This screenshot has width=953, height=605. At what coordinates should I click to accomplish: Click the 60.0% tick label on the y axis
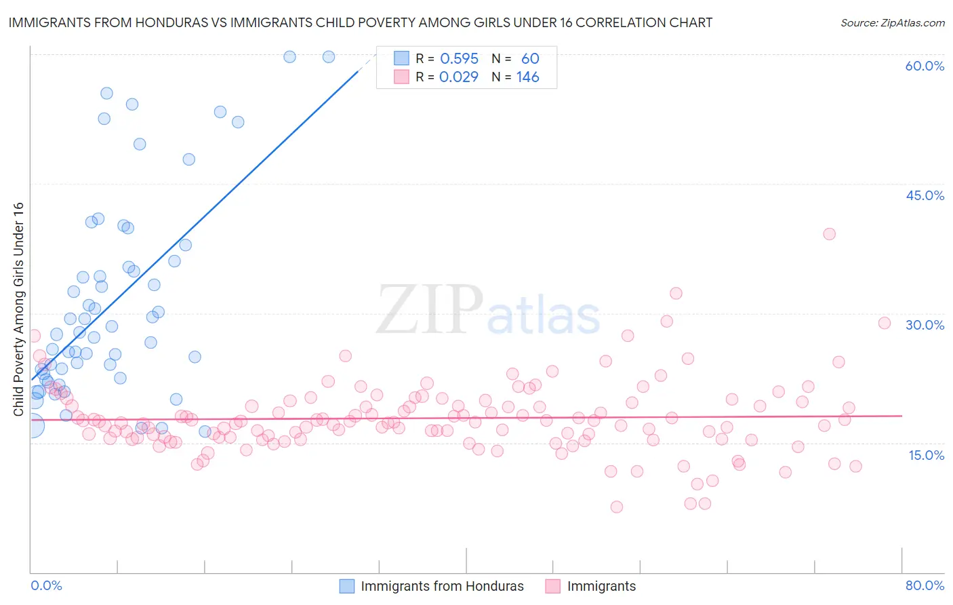click(925, 66)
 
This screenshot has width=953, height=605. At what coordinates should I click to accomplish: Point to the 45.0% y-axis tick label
click(925, 195)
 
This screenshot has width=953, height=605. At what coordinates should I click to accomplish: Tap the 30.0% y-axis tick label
click(925, 325)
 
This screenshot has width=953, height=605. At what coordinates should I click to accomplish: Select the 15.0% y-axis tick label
click(926, 454)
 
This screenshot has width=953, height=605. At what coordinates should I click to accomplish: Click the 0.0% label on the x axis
click(46, 585)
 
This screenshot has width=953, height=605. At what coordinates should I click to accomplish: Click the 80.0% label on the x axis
click(925, 585)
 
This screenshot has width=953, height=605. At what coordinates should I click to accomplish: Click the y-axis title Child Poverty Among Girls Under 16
click(18, 309)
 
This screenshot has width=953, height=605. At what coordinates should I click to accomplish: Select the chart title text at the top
click(360, 22)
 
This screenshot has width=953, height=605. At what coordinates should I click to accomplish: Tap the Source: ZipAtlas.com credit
click(892, 22)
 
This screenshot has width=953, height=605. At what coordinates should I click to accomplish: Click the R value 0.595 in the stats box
click(459, 59)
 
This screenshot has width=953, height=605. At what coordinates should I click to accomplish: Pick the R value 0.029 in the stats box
click(459, 77)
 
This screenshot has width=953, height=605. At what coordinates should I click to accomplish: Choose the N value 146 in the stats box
click(527, 77)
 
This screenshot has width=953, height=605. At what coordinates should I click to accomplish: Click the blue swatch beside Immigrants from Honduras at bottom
click(347, 586)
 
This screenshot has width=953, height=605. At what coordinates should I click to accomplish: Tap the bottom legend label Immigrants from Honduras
click(442, 586)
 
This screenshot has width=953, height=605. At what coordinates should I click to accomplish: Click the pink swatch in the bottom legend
click(553, 586)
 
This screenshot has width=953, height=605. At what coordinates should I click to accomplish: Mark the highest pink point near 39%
click(829, 234)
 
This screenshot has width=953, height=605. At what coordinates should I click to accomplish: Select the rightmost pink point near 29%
click(884, 323)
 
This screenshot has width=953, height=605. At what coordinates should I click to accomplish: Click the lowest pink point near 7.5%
click(616, 507)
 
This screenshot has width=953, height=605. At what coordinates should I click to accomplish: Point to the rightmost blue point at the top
click(328, 57)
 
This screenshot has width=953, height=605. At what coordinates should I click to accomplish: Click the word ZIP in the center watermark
click(429, 310)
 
